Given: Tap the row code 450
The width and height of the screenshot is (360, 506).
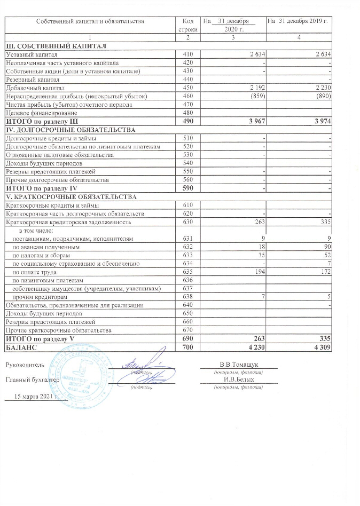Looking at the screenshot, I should [187, 88].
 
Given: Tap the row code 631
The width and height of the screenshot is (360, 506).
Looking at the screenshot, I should [187, 239].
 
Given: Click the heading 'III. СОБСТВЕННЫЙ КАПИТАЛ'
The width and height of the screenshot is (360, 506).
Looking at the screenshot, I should [56, 46].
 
